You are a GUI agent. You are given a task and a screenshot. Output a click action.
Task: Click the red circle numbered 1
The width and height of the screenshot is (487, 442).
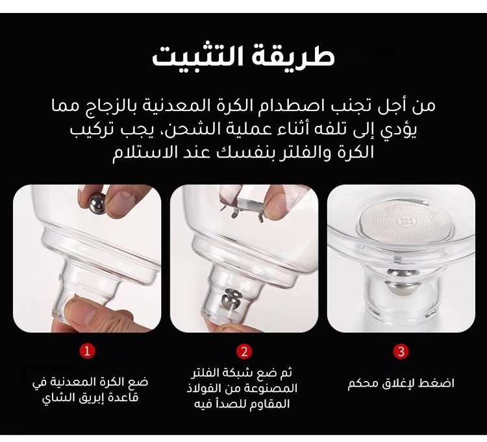(x=87, y=351)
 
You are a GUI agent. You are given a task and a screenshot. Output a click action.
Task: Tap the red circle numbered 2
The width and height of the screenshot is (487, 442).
(x=243, y=351)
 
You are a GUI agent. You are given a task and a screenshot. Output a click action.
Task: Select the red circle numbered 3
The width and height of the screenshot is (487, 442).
(x=401, y=351)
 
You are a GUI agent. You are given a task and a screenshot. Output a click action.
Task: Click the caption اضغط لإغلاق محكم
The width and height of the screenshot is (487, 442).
(x=401, y=384)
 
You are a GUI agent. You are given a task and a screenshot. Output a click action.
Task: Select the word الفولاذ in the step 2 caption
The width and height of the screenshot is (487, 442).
(x=203, y=388)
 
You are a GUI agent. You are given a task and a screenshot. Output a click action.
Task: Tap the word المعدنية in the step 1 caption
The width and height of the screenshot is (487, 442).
(x=69, y=382)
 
